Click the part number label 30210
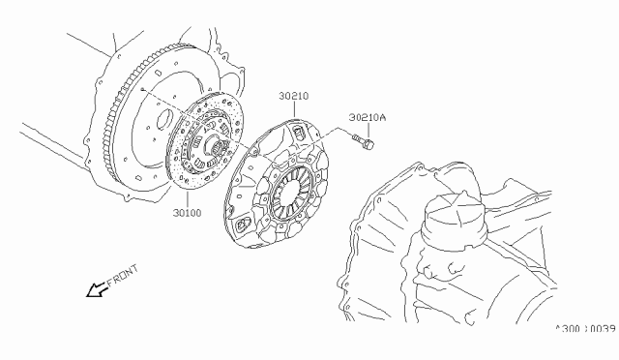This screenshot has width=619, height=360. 294,96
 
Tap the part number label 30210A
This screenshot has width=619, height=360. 368,117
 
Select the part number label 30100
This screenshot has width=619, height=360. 187,213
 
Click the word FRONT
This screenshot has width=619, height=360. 123,275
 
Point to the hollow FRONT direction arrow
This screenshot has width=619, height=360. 97,289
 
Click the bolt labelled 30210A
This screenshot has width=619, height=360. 363,141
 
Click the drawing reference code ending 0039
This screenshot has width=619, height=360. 585,329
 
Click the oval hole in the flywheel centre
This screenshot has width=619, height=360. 164,120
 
